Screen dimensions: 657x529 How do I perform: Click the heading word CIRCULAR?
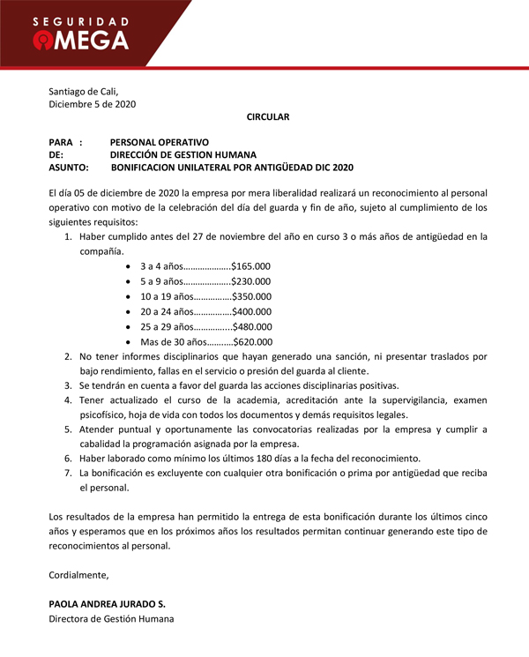click(x=268, y=116)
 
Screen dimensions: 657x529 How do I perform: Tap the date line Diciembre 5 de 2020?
click(x=93, y=104)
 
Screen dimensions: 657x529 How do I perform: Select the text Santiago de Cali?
click(x=83, y=91)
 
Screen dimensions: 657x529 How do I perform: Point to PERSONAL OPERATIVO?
click(x=160, y=142)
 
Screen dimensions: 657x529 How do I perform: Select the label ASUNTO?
click(x=69, y=167)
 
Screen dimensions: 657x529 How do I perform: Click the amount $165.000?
click(x=251, y=265)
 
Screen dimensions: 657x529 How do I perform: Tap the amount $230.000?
click(x=251, y=280)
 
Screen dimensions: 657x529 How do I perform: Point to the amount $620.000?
click(x=252, y=342)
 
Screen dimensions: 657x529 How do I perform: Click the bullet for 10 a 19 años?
click(x=130, y=296)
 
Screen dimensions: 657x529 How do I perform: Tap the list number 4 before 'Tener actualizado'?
click(x=69, y=399)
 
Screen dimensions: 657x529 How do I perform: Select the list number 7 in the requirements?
click(x=69, y=473)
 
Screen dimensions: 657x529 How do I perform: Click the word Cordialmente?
click(x=79, y=575)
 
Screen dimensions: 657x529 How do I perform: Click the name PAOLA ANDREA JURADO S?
click(x=107, y=604)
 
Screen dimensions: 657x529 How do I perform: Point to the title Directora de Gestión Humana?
click(x=111, y=619)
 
